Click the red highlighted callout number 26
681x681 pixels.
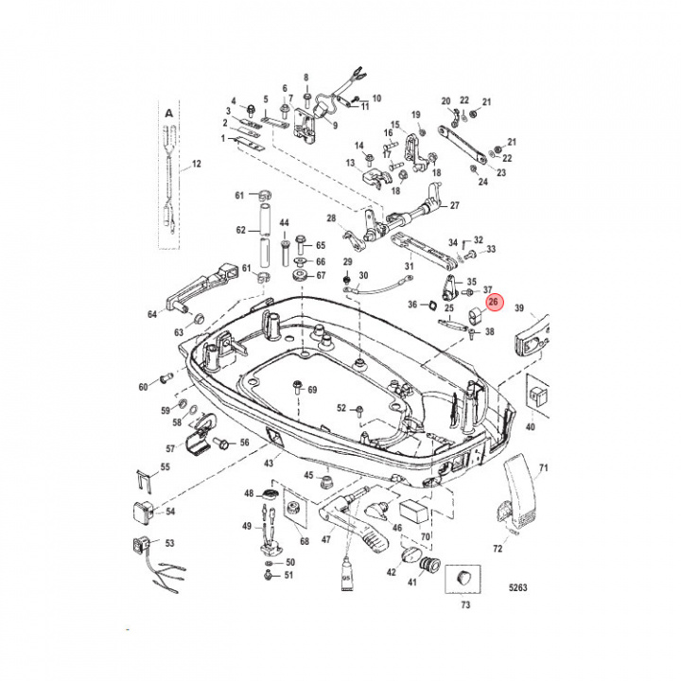point(493,302)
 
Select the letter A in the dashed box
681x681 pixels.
point(169,113)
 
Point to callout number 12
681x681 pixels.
point(197,164)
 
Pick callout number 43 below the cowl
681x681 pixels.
point(269,463)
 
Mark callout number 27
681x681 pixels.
point(455,205)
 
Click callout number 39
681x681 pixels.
point(518,309)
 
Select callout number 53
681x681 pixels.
point(170,544)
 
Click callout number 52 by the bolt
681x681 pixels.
point(342,409)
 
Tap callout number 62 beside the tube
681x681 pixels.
point(240,230)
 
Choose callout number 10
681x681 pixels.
point(376,98)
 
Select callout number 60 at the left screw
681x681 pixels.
point(144,387)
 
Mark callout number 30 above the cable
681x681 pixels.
point(362,275)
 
